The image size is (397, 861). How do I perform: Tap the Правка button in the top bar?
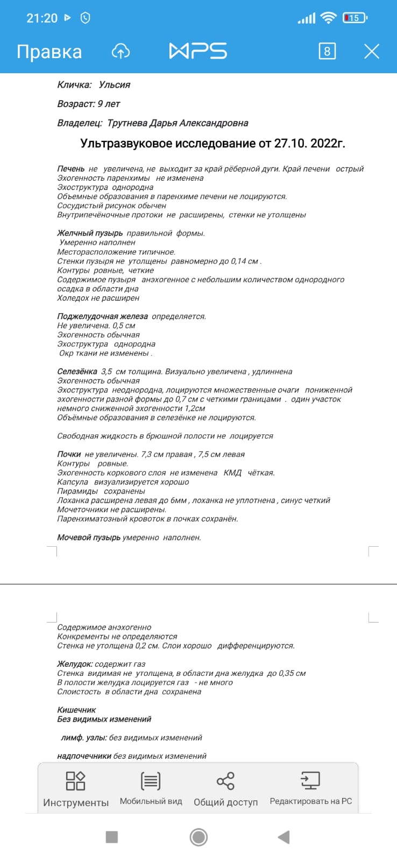(49, 52)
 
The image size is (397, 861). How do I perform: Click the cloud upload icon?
(121, 52)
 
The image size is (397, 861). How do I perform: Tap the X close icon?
(372, 52)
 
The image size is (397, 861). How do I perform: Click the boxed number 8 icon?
(327, 52)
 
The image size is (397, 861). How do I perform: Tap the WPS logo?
(198, 51)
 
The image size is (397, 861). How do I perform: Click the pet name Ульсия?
(115, 84)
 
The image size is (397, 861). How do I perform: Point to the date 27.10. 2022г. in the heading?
(309, 143)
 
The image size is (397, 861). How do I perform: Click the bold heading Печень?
(71, 169)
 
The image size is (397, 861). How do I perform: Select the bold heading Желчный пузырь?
(90, 233)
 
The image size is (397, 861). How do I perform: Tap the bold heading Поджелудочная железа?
(102, 316)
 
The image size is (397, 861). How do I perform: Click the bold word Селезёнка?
(77, 371)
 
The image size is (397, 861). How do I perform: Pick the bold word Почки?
(69, 454)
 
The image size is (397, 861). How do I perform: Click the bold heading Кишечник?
(76, 710)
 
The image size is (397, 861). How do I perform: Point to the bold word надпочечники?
(84, 756)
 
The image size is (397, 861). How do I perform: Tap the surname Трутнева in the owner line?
(127, 123)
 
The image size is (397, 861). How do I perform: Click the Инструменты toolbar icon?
(75, 781)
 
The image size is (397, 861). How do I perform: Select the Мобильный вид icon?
(151, 781)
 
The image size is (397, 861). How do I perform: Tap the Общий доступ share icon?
(225, 781)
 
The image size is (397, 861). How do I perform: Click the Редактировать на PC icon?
(310, 781)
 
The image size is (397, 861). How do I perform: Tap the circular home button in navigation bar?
(198, 837)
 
